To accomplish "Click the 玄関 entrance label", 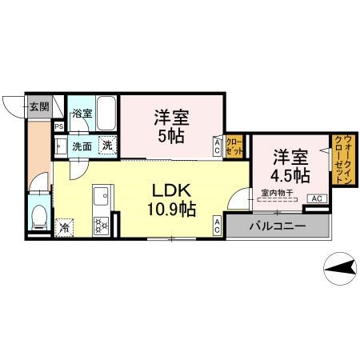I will point(39,105).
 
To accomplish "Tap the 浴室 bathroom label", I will point(82,114).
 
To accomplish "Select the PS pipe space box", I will point(59,126).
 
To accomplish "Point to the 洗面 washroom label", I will point(82,146).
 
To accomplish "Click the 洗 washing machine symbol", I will point(107,146).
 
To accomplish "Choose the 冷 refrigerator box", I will point(64,226).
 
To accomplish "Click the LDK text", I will point(172,192).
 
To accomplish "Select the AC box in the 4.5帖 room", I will point(315,198).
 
